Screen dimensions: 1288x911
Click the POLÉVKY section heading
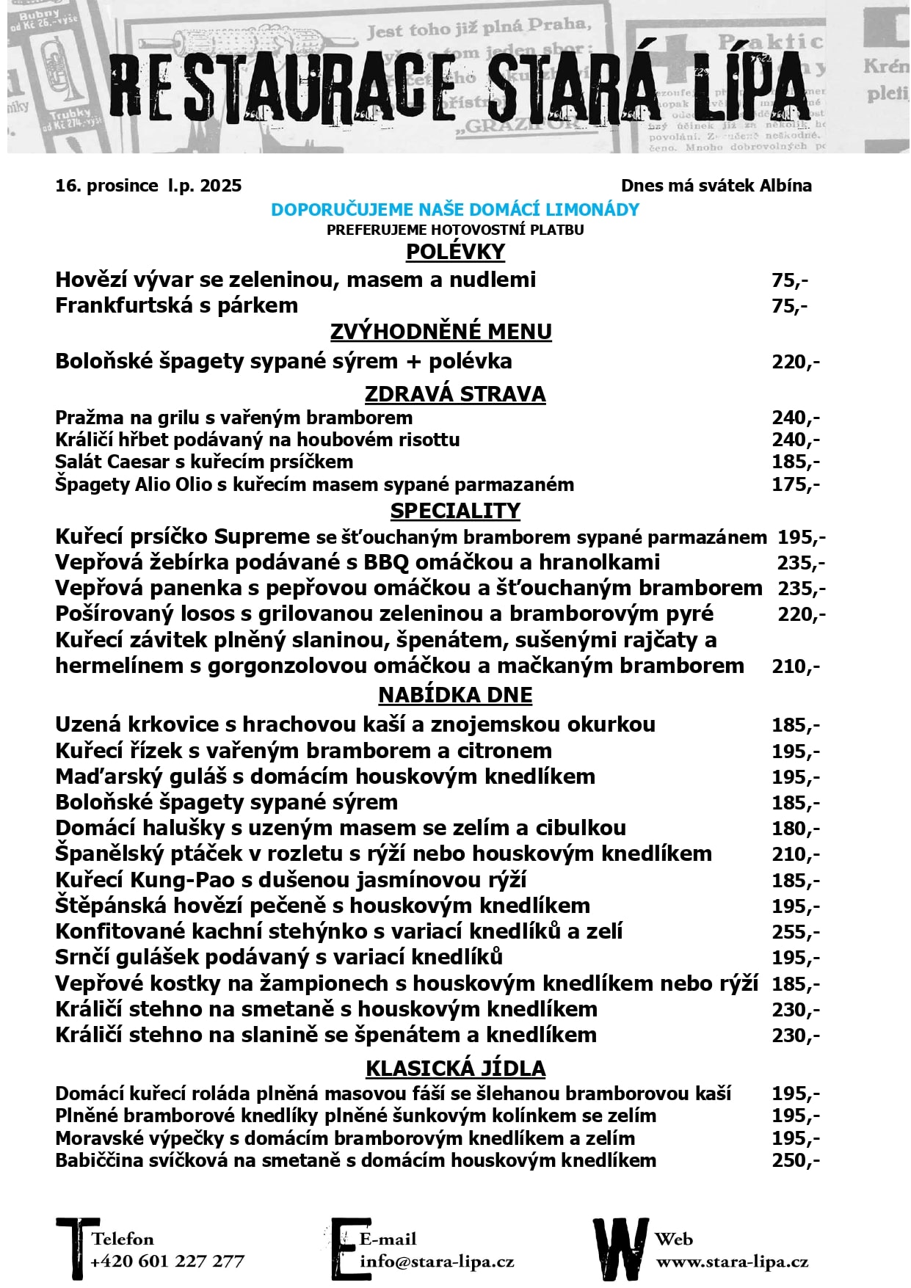[455, 252]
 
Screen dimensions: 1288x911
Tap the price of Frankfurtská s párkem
[789, 306]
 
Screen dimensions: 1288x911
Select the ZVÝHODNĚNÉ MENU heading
[440, 332]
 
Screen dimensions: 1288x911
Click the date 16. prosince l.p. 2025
[148, 186]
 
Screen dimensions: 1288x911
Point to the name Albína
[785, 186]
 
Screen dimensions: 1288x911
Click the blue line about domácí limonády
[455, 210]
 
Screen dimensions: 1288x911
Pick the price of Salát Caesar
[795, 462]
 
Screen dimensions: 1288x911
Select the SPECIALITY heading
[455, 511]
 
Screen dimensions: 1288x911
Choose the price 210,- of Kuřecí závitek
[795, 666]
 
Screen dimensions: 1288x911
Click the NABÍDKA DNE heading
[455, 695]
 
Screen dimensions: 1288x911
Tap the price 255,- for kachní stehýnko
[795, 932]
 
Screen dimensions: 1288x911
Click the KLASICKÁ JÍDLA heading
[455, 1069]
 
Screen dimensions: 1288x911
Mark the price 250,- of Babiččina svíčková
[795, 1161]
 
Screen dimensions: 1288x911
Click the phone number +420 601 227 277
[167, 1262]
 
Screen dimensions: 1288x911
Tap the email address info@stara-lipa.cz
[437, 1262]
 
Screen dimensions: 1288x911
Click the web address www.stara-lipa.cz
[732, 1262]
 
